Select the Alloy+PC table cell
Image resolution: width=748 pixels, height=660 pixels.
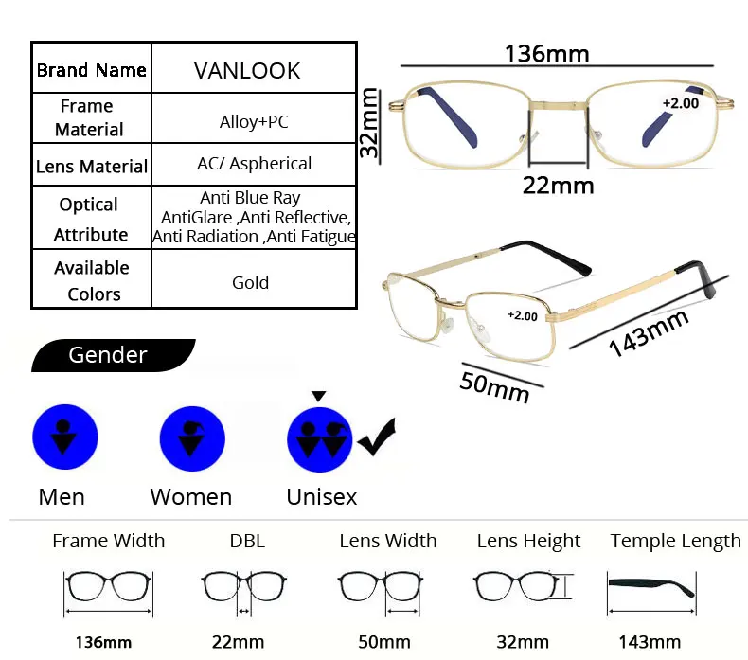(254, 122)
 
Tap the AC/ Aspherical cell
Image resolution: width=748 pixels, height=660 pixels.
(255, 164)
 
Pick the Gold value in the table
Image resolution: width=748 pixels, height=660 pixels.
(251, 282)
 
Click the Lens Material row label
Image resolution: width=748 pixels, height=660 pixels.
(92, 167)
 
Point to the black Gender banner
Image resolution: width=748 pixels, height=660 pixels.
(113, 355)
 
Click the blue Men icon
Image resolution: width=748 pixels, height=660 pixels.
(65, 437)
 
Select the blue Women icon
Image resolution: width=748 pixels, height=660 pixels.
(192, 438)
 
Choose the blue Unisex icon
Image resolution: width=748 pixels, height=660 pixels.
(320, 439)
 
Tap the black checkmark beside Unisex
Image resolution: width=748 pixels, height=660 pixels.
(377, 437)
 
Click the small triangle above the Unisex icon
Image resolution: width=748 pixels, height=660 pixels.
(319, 396)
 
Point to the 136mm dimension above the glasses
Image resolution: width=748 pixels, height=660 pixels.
(547, 53)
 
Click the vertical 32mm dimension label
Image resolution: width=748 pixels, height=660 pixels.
(369, 123)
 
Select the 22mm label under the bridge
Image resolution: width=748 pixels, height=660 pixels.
(558, 186)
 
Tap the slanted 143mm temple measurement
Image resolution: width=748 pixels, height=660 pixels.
(649, 332)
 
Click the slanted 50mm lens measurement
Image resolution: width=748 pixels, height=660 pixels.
(494, 387)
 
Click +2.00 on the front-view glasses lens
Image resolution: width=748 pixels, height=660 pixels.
(681, 103)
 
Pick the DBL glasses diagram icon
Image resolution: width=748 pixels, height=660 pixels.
(243, 591)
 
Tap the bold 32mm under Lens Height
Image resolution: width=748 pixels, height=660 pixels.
(523, 642)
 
